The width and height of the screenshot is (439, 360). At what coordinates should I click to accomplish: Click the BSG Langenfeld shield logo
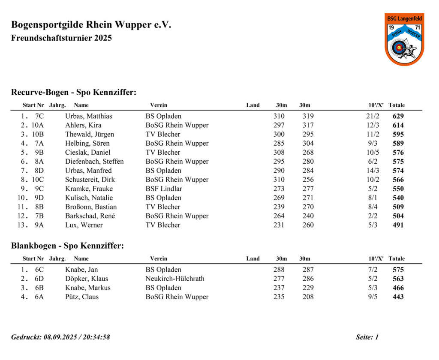click(x=404, y=39)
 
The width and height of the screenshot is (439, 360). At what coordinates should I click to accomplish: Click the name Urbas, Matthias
click(x=89, y=116)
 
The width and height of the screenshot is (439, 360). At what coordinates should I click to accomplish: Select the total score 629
click(x=398, y=116)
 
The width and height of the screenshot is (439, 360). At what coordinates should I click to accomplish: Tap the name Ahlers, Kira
click(x=83, y=125)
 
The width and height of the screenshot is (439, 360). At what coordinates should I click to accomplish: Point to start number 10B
click(x=38, y=134)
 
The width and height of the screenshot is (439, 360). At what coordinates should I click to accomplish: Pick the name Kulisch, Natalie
click(x=89, y=198)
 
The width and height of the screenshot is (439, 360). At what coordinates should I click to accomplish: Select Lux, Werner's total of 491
click(x=398, y=225)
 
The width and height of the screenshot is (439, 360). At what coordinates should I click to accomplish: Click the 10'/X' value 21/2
click(x=373, y=116)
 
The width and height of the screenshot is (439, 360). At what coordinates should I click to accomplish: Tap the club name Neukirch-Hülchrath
click(x=175, y=279)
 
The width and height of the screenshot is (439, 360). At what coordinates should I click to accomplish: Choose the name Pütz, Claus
click(x=82, y=297)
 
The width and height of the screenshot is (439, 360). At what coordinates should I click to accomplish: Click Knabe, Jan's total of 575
click(x=398, y=270)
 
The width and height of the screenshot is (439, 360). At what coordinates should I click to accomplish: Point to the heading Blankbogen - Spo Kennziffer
click(x=67, y=246)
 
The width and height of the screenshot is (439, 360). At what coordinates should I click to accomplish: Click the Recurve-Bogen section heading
click(x=74, y=92)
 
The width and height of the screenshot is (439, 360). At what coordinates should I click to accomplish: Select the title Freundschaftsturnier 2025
click(x=61, y=38)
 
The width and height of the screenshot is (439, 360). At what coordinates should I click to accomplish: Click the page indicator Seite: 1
click(x=367, y=337)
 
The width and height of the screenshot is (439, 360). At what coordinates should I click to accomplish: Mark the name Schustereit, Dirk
click(x=90, y=180)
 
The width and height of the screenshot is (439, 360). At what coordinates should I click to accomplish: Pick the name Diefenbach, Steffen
click(x=94, y=162)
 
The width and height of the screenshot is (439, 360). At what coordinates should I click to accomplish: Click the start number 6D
click(x=39, y=279)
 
